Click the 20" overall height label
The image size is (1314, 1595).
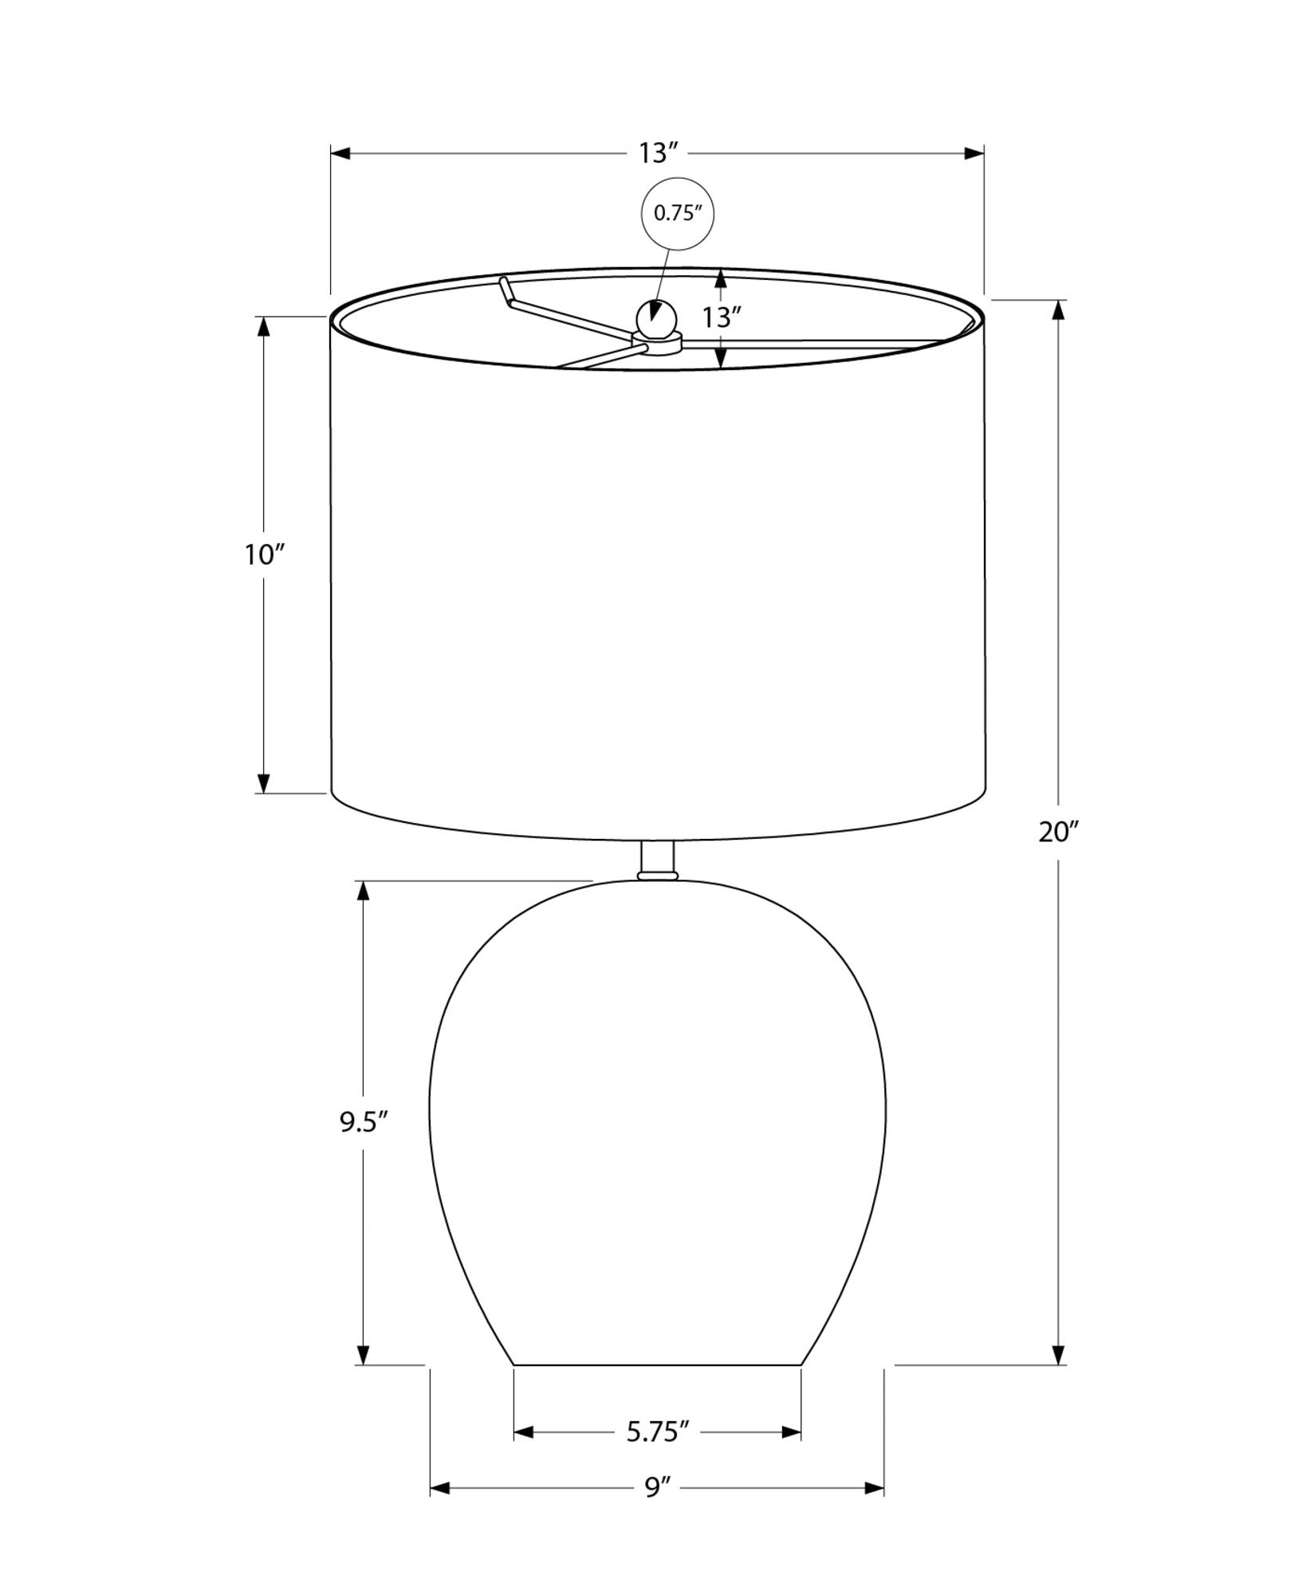[x=1058, y=832]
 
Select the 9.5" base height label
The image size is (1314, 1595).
[x=364, y=1122]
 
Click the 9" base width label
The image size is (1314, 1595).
[x=657, y=1510]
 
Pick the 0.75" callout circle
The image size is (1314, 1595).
[x=678, y=213]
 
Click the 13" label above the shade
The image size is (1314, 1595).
[x=658, y=153]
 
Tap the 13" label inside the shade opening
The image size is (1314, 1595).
[x=722, y=317]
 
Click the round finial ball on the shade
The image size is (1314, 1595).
[x=657, y=321]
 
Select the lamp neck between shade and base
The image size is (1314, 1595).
[x=658, y=860]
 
